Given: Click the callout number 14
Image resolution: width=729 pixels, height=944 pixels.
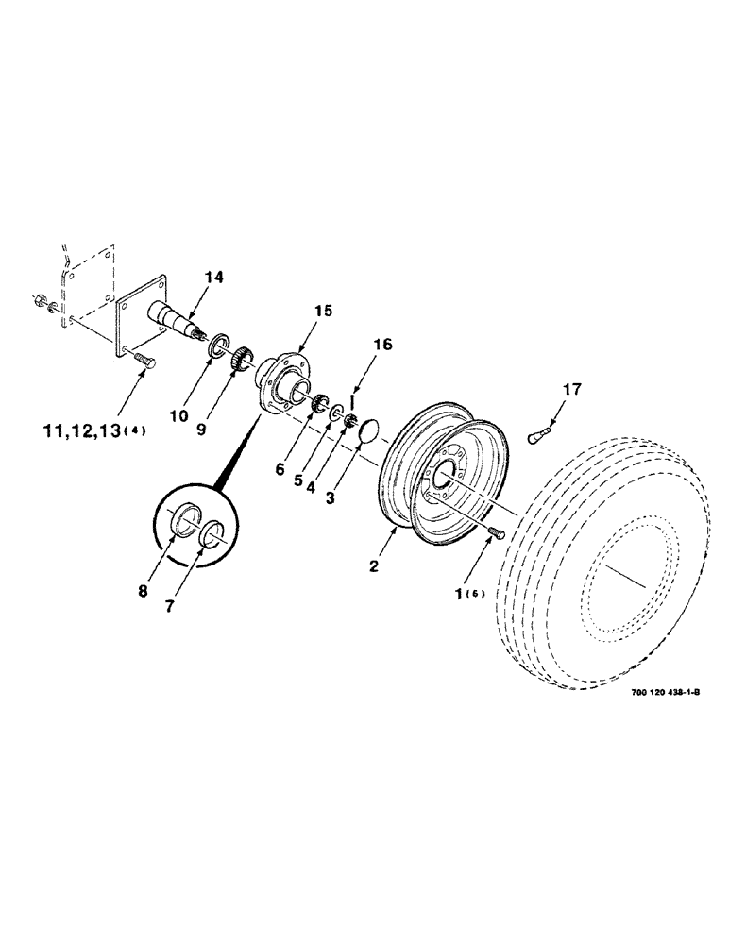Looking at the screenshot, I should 213,278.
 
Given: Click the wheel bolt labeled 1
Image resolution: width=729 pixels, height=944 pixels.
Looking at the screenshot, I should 496,535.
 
